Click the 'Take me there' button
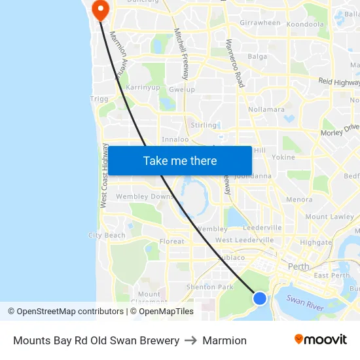180,160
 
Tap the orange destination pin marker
101,9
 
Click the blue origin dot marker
260,298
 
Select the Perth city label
298,266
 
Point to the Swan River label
305,302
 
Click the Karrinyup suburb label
143,87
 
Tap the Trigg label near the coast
99,99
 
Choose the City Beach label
107,235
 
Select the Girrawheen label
260,23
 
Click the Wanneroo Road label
238,63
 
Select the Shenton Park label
210,287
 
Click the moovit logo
321,340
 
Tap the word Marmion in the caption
225,340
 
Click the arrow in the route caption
191,340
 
